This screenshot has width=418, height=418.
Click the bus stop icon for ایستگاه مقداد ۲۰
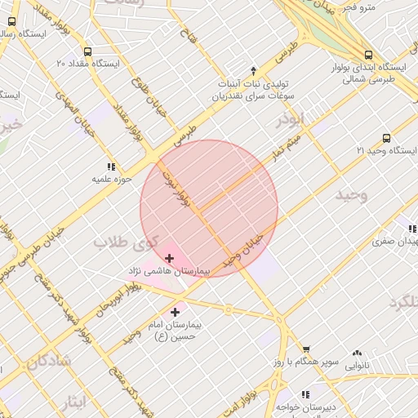click(x=87, y=50)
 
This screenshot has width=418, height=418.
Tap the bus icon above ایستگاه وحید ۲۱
click(x=386, y=138)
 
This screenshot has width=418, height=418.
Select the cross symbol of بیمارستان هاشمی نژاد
click(x=169, y=258)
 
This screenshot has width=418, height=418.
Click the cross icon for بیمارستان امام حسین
click(x=175, y=311)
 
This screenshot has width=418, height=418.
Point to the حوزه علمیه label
click(x=106, y=177)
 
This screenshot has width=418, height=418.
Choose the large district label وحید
click(x=352, y=194)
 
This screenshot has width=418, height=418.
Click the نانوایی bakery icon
click(x=357, y=353)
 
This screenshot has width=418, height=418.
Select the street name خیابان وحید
click(x=246, y=247)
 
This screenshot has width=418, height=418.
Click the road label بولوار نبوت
click(x=176, y=187)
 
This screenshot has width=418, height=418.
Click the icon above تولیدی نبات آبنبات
click(x=253, y=70)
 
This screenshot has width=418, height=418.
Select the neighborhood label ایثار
click(x=73, y=400)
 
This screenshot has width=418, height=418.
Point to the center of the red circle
click(x=210, y=208)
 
